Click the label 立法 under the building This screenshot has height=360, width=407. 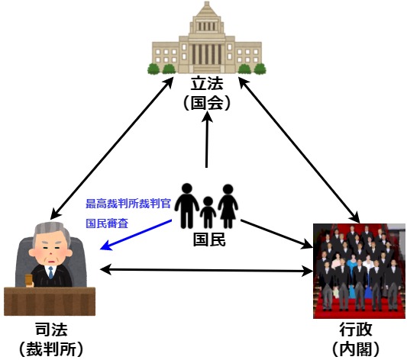pos(207,83)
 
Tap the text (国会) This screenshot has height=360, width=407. pos(207,103)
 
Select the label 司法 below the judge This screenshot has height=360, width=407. pos(51,329)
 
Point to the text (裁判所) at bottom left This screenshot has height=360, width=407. pos(51,349)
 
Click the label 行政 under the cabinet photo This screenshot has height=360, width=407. pos(356,329)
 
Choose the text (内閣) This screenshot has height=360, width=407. pos(356,349)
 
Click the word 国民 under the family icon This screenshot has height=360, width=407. pos(209,239)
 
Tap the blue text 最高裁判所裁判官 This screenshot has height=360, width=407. pos(128,204)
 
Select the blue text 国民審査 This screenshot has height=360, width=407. pos(107,223)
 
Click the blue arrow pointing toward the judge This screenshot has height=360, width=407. pos(136,235)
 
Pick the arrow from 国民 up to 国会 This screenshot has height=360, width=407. pos(207,140)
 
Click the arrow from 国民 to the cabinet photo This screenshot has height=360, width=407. pos(276,234)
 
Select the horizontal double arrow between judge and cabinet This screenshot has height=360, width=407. pos(206,270)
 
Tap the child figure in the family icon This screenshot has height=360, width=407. pos(208,212)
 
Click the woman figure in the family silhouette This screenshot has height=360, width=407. pos(228,206)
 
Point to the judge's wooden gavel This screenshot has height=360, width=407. pos(28,281)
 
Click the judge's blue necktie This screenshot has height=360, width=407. pos(51,272)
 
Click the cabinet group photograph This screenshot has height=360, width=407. pos(359,271)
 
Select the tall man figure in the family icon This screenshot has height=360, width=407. pos(187,206)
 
